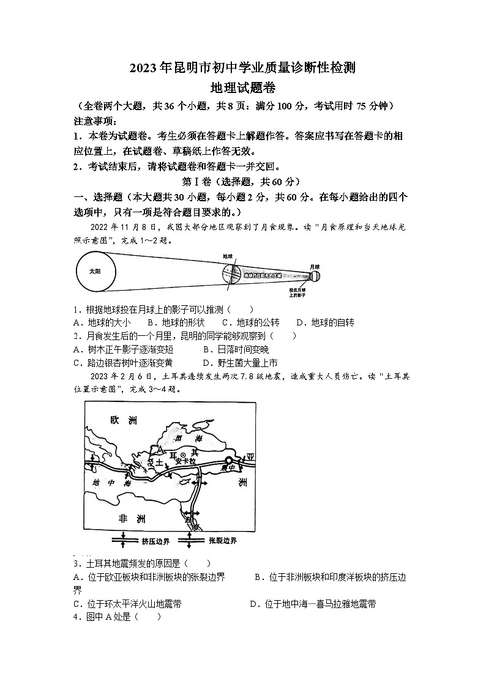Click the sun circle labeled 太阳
94,270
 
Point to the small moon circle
315,276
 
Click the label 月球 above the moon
315,267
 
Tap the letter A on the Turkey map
160,448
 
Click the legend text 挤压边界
155,541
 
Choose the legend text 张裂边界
223,541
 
